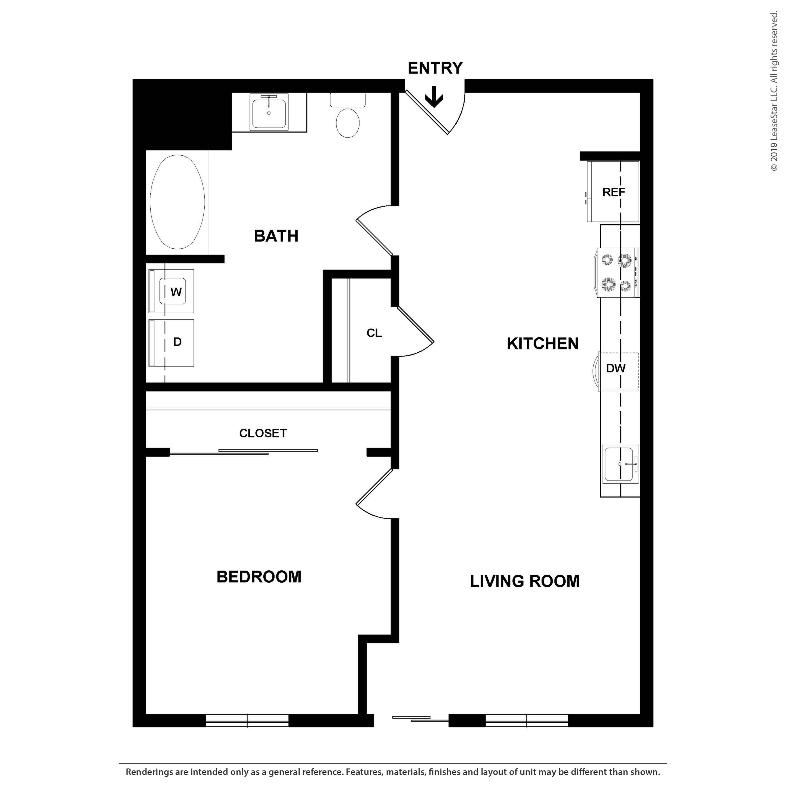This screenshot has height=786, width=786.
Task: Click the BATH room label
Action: click(x=276, y=236)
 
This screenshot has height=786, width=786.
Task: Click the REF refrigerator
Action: click(x=613, y=192)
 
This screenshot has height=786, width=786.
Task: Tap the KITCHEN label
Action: click(x=542, y=344)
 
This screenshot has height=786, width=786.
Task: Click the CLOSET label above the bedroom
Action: click(x=263, y=433)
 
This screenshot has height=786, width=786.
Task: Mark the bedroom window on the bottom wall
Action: click(x=247, y=720)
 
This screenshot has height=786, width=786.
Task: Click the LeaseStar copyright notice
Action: click(x=774, y=91)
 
